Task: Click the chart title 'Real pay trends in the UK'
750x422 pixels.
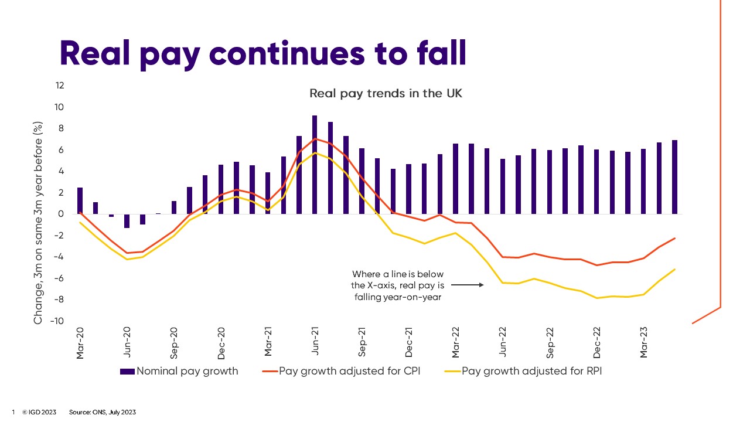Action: pyautogui.click(x=386, y=93)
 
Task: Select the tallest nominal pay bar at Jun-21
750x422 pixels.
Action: pyautogui.click(x=315, y=164)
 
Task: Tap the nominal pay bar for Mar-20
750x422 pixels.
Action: pyautogui.click(x=80, y=200)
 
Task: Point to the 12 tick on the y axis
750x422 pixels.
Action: pyautogui.click(x=60, y=86)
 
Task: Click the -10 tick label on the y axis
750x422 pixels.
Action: pyautogui.click(x=57, y=321)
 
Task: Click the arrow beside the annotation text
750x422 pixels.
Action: pyautogui.click(x=467, y=285)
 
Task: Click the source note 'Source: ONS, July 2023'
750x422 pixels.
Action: pyautogui.click(x=103, y=412)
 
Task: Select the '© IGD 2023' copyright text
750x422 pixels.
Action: pyautogui.click(x=39, y=412)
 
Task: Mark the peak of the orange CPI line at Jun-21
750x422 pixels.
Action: pyautogui.click(x=315, y=139)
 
